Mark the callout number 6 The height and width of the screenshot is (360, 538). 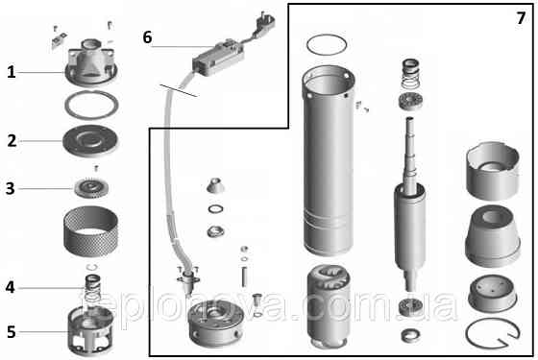(x=147, y=37)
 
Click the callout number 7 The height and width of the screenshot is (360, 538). (x=520, y=16)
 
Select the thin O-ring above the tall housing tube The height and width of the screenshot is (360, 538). (x=328, y=43)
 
